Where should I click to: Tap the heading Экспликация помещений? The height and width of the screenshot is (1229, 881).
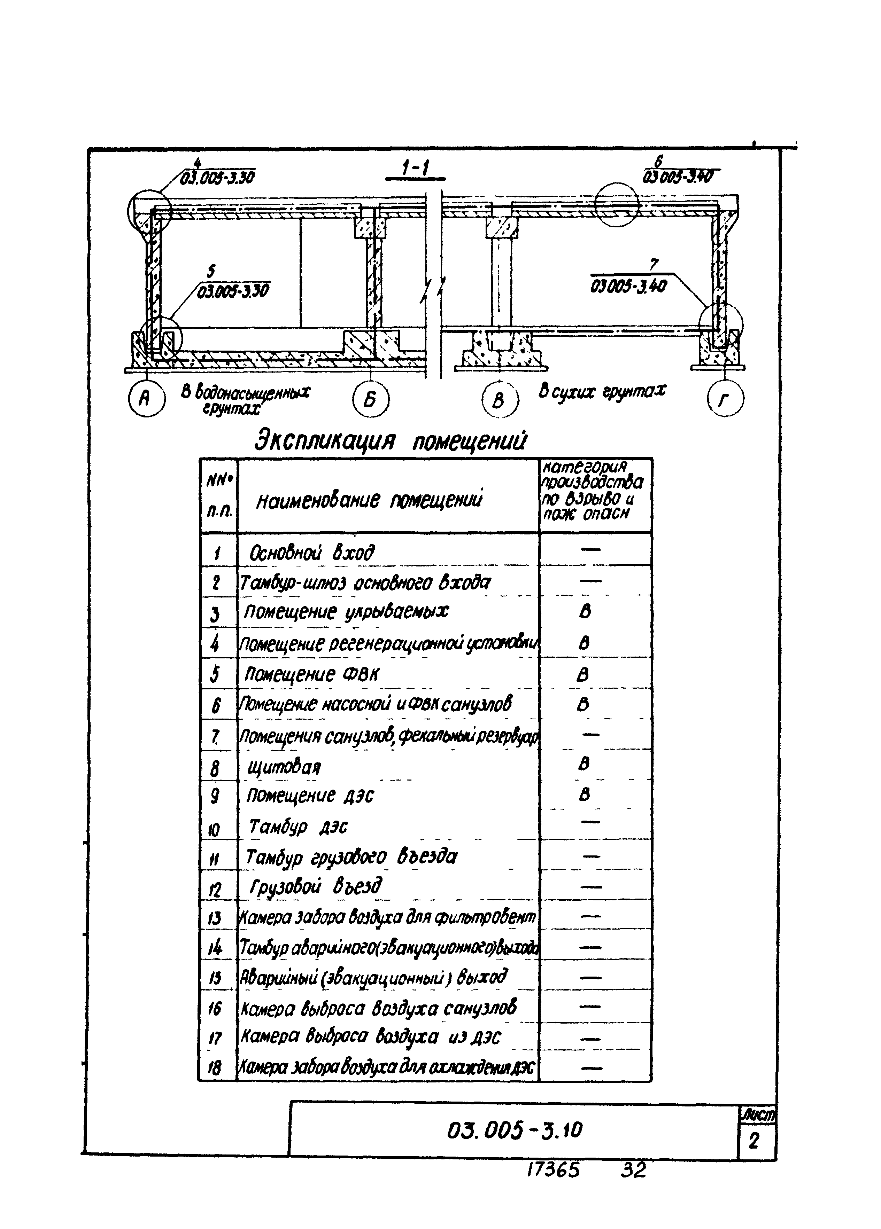[x=391, y=441]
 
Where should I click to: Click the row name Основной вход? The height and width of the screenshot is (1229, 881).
[x=312, y=553]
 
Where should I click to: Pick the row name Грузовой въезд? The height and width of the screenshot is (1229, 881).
[x=316, y=886]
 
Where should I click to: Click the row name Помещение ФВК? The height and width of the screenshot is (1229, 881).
[x=312, y=674]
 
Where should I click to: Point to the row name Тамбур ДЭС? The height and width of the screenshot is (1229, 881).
[x=298, y=826]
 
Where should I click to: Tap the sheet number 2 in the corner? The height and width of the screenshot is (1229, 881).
[x=753, y=1142]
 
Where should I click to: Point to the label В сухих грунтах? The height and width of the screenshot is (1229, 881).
[x=602, y=390]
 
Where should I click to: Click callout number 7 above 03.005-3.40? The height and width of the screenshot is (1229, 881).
[x=654, y=265]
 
